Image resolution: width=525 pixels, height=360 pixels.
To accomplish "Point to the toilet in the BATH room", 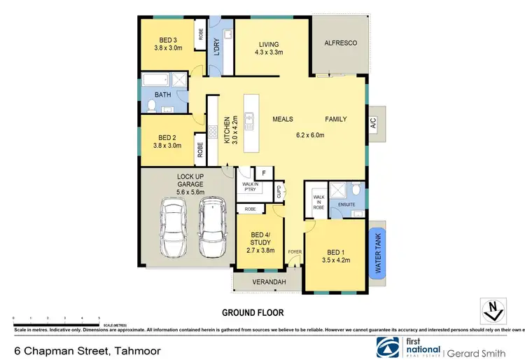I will [152, 106].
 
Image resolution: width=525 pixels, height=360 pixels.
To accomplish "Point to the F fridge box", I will [265, 172].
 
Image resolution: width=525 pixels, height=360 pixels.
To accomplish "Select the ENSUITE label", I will [347, 205].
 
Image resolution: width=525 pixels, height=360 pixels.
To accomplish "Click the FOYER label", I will [293, 251].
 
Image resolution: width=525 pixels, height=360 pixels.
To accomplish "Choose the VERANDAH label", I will [267, 282].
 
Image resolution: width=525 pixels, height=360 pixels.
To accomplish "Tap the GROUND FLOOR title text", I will [253, 312].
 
